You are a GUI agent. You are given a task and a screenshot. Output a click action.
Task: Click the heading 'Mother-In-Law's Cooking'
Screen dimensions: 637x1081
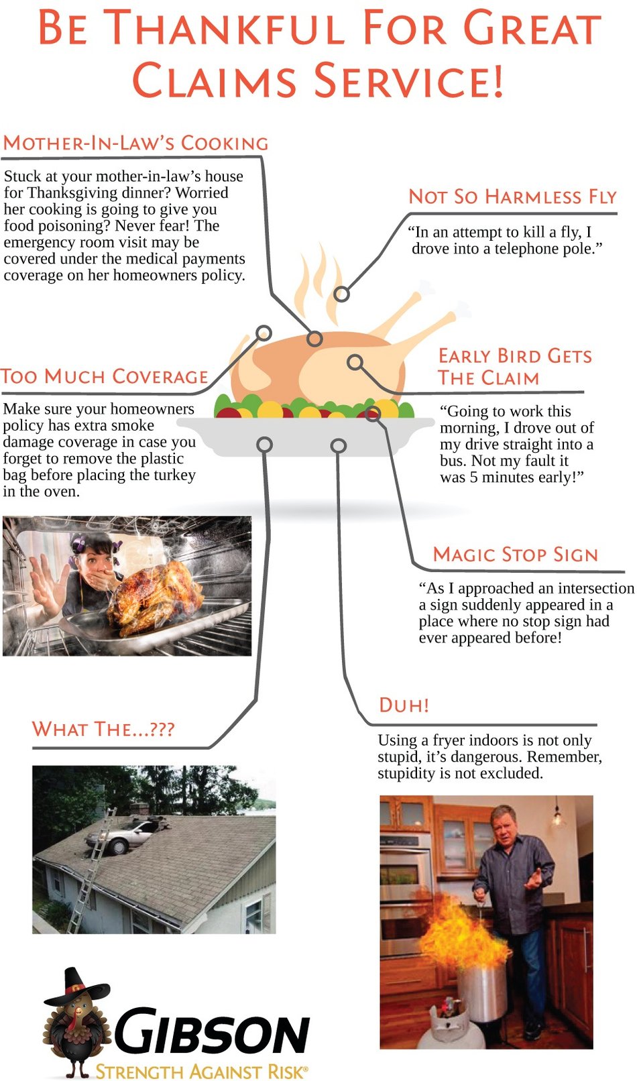(135, 143)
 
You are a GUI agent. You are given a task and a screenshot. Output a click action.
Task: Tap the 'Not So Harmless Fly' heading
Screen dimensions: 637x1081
(512, 196)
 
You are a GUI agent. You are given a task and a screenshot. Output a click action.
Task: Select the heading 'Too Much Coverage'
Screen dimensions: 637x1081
(104, 376)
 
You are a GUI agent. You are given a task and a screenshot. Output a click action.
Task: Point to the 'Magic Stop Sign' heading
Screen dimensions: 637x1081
(516, 555)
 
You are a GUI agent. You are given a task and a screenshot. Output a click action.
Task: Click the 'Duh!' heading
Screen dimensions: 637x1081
(404, 705)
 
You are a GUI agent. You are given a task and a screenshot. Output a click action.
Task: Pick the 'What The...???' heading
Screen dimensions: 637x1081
(103, 728)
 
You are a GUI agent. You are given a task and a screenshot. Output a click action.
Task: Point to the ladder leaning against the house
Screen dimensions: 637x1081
(92, 868)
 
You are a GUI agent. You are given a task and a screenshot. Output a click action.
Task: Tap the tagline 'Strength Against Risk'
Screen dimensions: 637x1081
(201, 1070)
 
